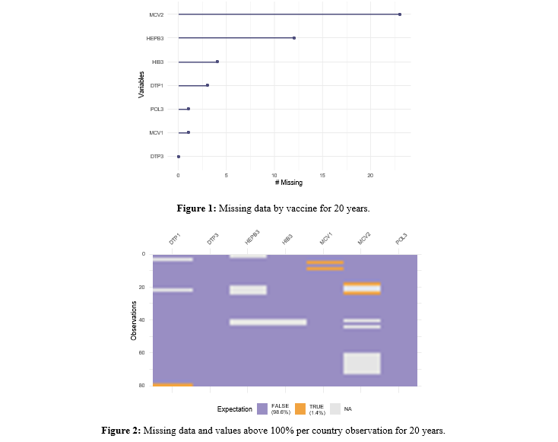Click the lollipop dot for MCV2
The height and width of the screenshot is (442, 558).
click(x=400, y=14)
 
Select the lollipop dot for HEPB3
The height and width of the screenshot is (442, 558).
click(x=294, y=38)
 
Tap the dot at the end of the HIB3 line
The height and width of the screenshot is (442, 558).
click(x=217, y=62)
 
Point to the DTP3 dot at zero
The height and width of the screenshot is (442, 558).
click(x=179, y=157)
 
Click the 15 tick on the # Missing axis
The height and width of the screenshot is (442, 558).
click(x=323, y=176)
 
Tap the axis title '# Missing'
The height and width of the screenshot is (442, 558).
click(x=289, y=183)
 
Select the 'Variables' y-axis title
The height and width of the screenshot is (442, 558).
click(x=142, y=85)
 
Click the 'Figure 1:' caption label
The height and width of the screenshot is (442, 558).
click(x=197, y=207)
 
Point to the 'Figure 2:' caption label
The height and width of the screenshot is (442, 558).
click(x=122, y=431)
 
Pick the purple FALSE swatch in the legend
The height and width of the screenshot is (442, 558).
click(x=262, y=409)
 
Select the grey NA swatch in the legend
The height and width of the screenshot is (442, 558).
click(x=336, y=409)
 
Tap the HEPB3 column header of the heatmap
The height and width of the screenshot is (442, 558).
click(x=252, y=237)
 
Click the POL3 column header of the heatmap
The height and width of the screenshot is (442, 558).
click(x=401, y=239)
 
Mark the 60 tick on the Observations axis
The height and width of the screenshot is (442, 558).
click(x=143, y=354)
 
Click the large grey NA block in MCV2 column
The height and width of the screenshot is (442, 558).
click(x=361, y=363)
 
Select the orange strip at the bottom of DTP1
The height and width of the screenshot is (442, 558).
click(x=173, y=385)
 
